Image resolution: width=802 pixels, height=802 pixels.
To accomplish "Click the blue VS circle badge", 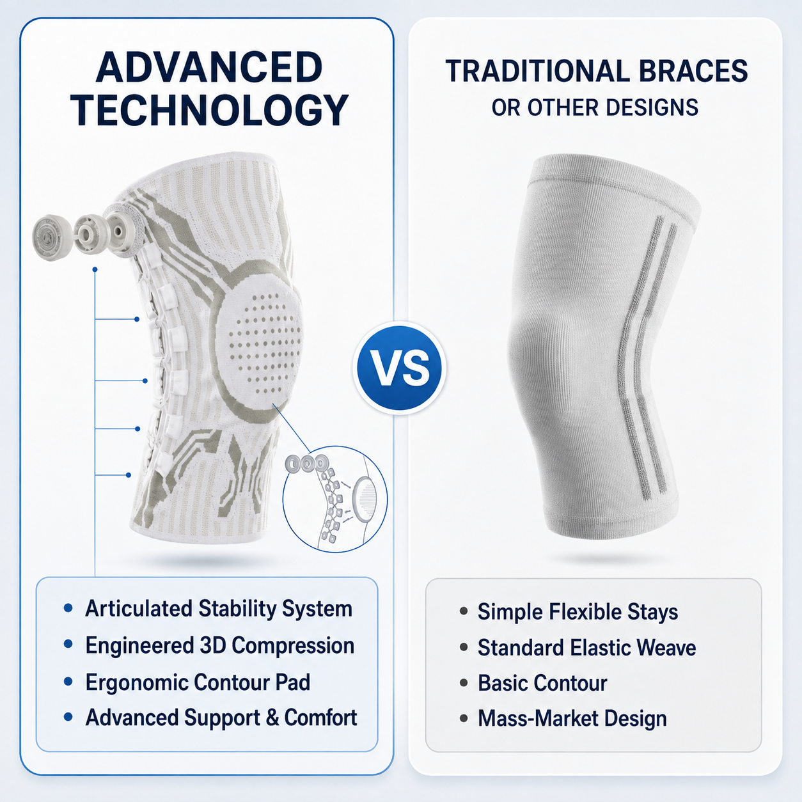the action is click(x=400, y=368).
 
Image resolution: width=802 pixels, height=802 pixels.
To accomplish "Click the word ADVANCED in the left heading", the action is click(x=209, y=67).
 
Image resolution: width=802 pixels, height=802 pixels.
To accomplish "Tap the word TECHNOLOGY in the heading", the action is click(x=209, y=109).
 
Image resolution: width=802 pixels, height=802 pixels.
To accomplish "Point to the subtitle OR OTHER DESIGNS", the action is click(x=595, y=107).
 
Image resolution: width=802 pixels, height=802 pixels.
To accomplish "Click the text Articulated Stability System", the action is click(x=219, y=609).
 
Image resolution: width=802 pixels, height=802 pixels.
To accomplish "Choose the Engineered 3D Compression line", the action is click(x=220, y=645).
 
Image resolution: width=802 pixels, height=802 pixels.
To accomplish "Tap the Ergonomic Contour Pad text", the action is click(x=198, y=682).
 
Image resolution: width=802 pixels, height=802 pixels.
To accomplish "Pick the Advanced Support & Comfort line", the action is click(x=221, y=718).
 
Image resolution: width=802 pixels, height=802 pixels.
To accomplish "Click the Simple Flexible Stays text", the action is click(x=578, y=612).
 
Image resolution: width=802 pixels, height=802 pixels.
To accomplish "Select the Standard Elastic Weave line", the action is click(x=587, y=648).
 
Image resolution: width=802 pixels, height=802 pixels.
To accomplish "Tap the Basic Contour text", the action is click(x=542, y=683).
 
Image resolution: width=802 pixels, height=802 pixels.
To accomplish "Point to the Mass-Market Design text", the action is click(x=572, y=718).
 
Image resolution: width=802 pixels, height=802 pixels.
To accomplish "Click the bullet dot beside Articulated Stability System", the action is click(x=68, y=608).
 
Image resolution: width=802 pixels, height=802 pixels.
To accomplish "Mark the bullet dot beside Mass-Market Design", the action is click(x=464, y=718).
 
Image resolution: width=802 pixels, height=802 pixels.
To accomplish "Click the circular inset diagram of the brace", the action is click(x=335, y=499).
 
